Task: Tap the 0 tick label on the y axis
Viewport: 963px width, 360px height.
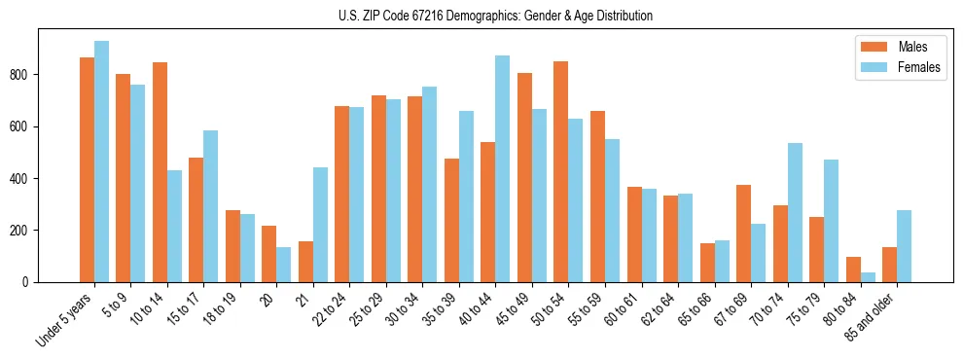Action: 31,282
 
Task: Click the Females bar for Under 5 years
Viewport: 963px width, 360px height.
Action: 101,162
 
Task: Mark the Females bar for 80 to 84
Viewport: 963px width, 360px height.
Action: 868,277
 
